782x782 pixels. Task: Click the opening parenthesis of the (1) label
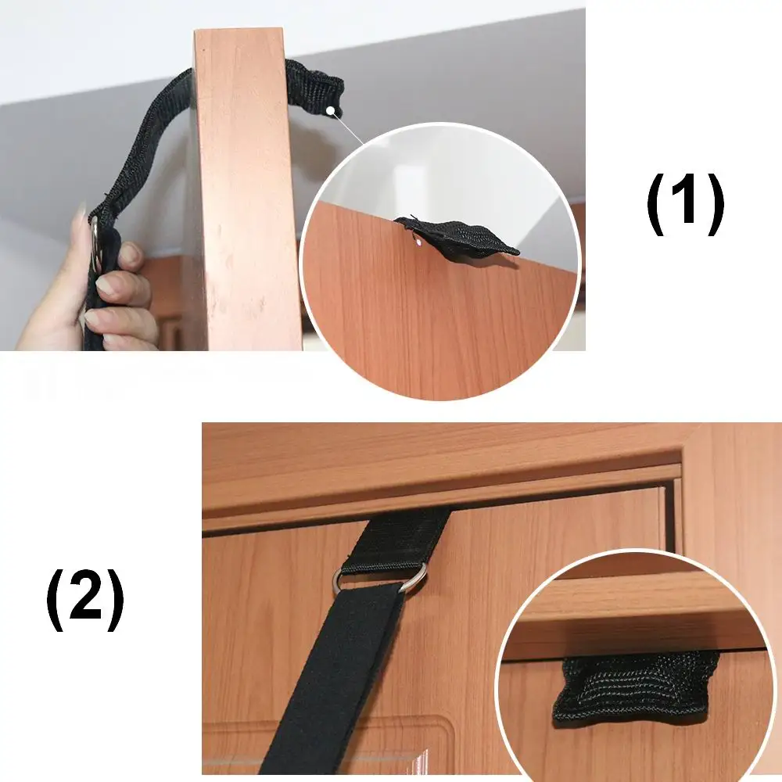[657, 203]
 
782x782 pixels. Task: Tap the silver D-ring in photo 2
[379, 579]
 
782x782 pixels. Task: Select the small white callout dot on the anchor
[330, 110]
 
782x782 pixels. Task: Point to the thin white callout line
[348, 127]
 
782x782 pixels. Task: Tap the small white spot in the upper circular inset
[418, 243]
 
